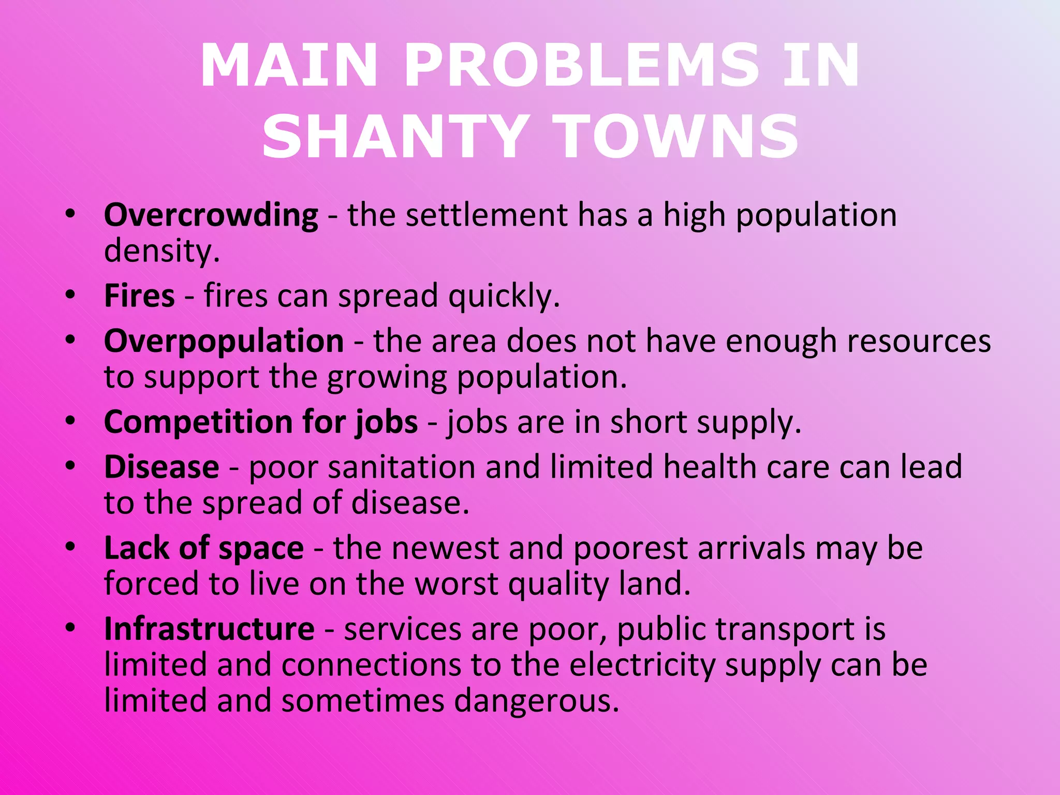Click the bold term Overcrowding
(211, 215)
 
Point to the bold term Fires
(139, 296)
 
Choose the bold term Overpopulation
(224, 342)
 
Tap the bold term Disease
(161, 467)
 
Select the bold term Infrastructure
(209, 629)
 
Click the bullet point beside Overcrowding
(70, 213)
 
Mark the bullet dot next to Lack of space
(70, 547)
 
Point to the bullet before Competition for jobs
(70, 420)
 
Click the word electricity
(642, 666)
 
